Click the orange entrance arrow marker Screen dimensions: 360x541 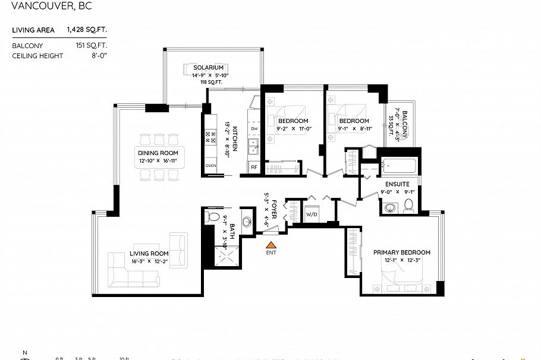tap(270, 244)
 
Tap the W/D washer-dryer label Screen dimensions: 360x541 tap(312, 214)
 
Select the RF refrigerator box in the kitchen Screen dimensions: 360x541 tap(254, 168)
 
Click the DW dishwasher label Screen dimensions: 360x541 tap(254, 128)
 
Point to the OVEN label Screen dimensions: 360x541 tap(210, 166)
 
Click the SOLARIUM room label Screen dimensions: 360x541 tap(208, 68)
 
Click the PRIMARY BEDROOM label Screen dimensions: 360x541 tap(401, 252)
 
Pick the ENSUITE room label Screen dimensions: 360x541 tap(397, 184)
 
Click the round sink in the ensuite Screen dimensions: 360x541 tap(391, 207)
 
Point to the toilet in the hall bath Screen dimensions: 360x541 tap(213, 217)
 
